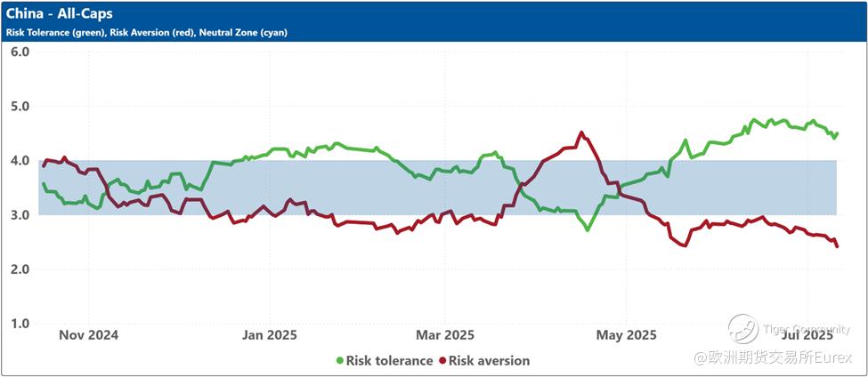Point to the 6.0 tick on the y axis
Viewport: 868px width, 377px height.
pos(20,52)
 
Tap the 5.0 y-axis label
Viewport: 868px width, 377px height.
pos(20,106)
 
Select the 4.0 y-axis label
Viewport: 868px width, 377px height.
pos(20,161)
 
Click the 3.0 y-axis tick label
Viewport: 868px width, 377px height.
pos(20,215)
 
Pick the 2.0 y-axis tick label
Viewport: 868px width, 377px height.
pos(20,269)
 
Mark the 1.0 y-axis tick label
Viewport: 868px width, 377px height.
pos(20,324)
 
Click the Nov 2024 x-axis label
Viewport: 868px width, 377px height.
pos(87,335)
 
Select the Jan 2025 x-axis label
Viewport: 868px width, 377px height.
pos(270,335)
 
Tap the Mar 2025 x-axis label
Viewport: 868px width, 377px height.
pos(446,335)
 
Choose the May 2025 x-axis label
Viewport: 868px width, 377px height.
pos(626,335)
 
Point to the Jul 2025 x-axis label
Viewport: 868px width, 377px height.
pos(806,335)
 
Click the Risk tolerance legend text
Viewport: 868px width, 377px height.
pos(390,361)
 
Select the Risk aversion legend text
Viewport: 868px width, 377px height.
pos(489,361)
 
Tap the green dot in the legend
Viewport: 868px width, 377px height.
pos(340,361)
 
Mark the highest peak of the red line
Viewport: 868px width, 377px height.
pos(581,132)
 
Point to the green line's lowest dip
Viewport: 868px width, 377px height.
pos(588,229)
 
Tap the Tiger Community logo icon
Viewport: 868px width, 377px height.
pos(742,329)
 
